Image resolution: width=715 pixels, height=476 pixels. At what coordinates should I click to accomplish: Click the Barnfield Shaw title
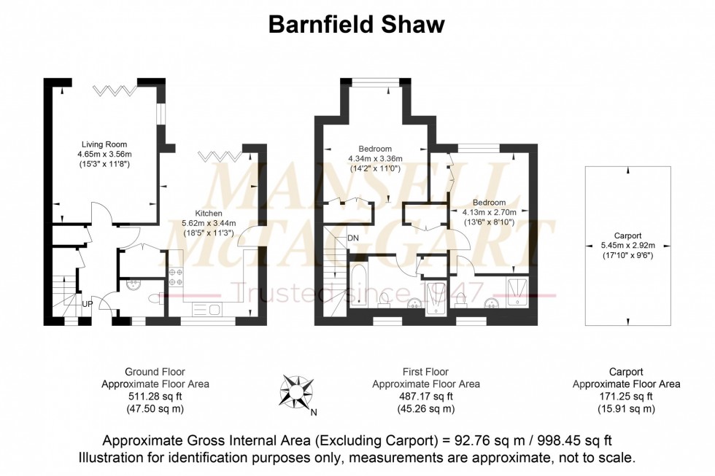[357, 25]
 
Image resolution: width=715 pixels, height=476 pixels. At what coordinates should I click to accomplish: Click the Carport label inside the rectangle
[627, 235]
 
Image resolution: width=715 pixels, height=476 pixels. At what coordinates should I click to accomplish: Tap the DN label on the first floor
[352, 238]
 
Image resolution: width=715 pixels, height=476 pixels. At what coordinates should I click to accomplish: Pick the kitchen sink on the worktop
[210, 310]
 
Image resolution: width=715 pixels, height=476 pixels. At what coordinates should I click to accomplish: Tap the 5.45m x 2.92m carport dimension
[627, 246]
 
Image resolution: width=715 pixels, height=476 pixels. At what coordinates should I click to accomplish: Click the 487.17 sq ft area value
[425, 397]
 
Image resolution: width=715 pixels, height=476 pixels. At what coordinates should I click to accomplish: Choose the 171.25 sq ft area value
[626, 397]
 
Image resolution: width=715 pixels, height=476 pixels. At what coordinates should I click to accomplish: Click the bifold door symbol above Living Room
[115, 90]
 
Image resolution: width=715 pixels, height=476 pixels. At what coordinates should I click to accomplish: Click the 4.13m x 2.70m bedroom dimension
[489, 212]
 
